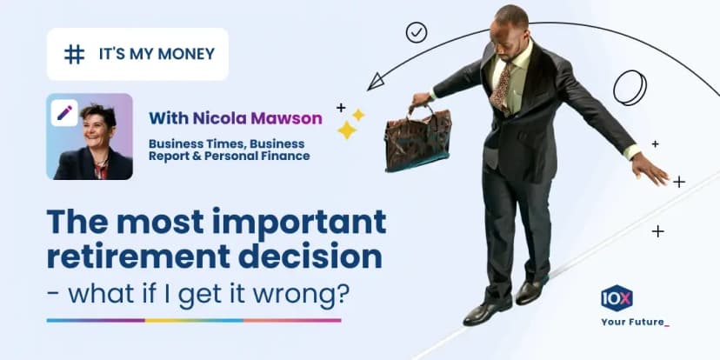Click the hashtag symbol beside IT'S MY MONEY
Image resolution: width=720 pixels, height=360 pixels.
[x=75, y=54]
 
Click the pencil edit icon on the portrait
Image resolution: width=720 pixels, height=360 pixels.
[x=64, y=112]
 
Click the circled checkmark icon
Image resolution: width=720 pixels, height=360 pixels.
[x=417, y=33]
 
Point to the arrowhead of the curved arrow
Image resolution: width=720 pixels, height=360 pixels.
[x=375, y=83]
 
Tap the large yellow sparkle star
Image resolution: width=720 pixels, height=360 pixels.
[x=347, y=130]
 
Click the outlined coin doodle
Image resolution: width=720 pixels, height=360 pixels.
[x=630, y=89]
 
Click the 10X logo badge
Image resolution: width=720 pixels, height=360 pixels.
[x=617, y=298]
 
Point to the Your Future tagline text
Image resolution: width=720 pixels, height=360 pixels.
[x=635, y=323]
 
